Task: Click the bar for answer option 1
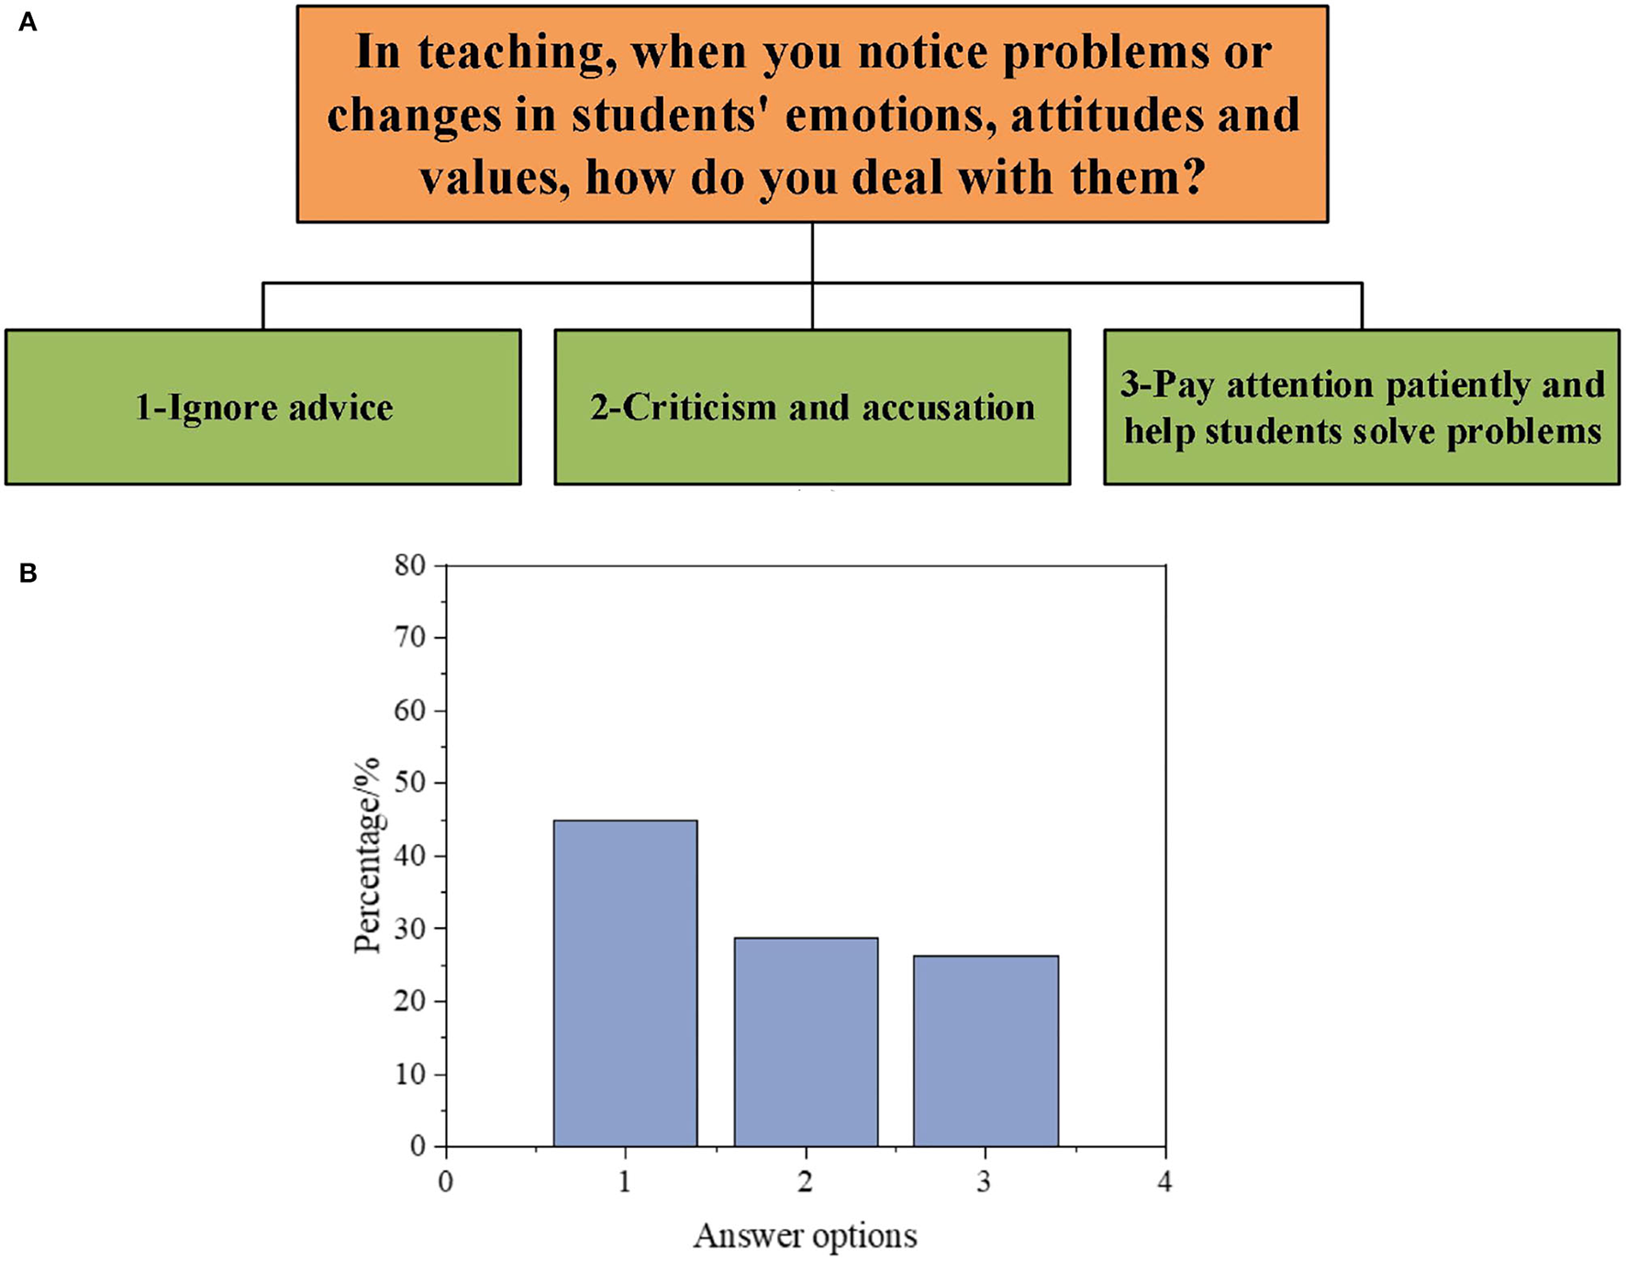[625, 983]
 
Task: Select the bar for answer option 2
[806, 1042]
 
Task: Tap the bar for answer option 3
[986, 1051]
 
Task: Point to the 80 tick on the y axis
[410, 565]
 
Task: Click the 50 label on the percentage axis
[410, 783]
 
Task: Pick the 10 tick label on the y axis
[410, 1074]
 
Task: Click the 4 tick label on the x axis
[1164, 1181]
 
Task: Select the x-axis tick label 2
[805, 1181]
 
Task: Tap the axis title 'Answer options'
[805, 1235]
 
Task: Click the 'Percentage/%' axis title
[367, 855]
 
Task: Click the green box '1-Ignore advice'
[263, 407]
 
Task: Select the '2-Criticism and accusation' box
[812, 407]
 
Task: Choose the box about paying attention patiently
[1362, 407]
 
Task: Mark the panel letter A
[28, 22]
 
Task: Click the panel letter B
[28, 574]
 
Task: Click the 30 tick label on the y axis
[410, 929]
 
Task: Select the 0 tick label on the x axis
[445, 1181]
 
